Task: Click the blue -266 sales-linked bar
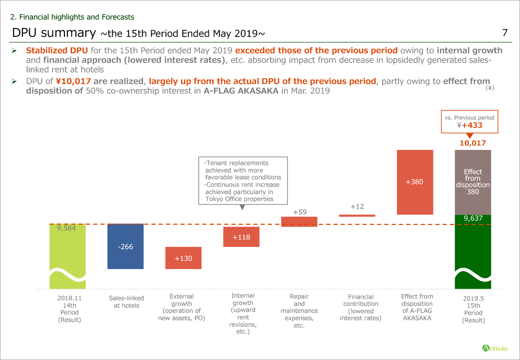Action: (x=125, y=246)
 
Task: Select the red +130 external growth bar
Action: (x=183, y=258)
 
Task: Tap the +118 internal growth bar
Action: (x=241, y=237)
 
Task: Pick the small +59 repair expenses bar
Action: (x=299, y=221)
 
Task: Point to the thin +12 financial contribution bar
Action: (x=357, y=215)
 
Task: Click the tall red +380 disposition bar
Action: (x=415, y=182)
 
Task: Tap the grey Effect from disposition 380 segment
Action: (x=473, y=182)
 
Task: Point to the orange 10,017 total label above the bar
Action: (x=473, y=143)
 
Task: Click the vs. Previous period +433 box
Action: (x=470, y=122)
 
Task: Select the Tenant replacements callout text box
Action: (x=243, y=181)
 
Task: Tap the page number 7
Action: (x=504, y=32)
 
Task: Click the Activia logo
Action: (x=495, y=347)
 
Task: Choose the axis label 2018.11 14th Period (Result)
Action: (x=69, y=309)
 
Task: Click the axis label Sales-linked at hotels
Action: (x=127, y=302)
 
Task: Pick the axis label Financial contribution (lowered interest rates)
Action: (x=361, y=308)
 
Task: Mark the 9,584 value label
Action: (x=66, y=228)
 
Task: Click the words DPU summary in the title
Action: (x=54, y=33)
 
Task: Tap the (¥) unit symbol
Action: (x=490, y=88)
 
